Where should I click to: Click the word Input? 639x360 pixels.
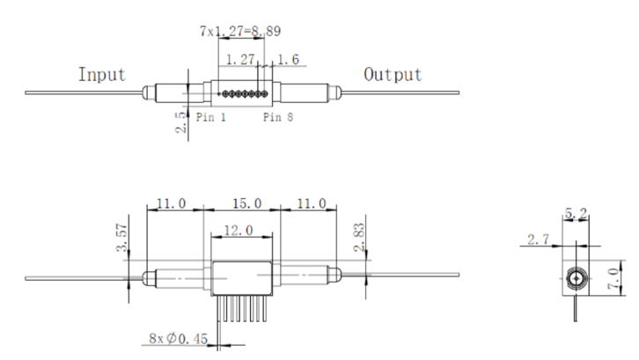tap(102, 75)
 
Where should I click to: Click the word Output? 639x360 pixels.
tap(393, 75)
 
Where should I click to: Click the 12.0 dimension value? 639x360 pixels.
tap(240, 230)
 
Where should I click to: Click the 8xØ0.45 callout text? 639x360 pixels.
tap(180, 336)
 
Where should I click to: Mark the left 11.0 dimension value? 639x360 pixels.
tap(171, 203)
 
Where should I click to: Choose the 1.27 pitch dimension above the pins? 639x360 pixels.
tap(239, 61)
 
